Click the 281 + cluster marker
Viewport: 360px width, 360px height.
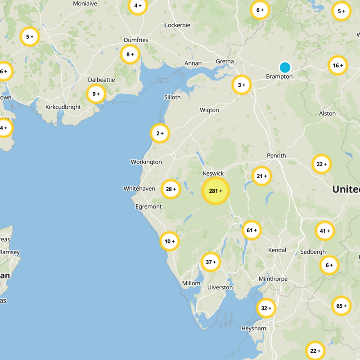216,191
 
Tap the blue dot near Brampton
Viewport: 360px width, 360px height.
284,67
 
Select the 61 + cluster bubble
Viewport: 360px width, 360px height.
252,230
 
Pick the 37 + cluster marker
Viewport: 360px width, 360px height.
211,262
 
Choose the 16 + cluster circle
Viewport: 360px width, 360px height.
337,66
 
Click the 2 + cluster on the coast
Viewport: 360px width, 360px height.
159,133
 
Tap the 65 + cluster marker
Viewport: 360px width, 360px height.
341,306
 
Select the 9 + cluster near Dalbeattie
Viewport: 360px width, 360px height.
96,94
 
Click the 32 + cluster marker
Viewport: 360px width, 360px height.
266,308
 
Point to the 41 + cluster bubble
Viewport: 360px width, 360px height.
325,231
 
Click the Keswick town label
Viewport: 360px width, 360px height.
213,173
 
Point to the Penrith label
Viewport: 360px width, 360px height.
276,156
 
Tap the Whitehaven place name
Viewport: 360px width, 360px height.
139,189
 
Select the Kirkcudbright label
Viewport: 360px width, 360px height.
63,107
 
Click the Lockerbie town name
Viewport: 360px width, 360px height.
178,25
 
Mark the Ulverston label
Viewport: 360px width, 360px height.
220,287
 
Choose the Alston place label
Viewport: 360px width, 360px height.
327,113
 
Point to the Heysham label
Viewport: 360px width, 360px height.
254,328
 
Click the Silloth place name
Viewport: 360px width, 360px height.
173,97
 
